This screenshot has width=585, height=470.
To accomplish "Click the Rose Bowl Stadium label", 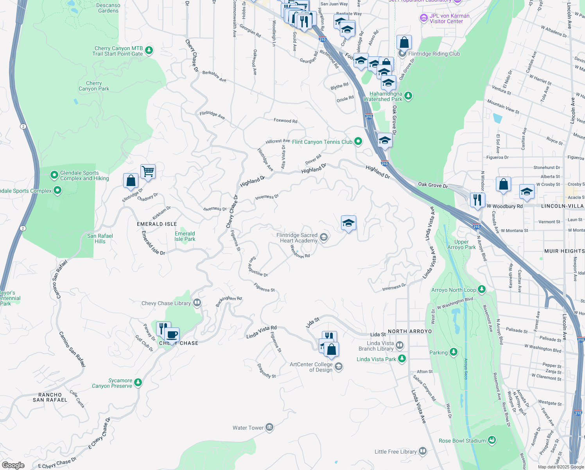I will coord(462,441).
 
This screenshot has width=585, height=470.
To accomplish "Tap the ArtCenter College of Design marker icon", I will coord(339,367).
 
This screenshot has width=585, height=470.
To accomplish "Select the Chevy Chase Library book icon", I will coord(197,303).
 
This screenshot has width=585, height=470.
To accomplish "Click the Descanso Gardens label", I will coord(108,8).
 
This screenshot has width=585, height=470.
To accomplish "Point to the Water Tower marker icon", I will coord(269,427).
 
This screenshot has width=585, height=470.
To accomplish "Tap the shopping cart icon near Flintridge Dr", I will coord(148,171).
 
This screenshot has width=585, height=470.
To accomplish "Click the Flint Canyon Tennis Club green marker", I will coord(358,142).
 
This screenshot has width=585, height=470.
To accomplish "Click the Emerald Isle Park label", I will coord(185,236).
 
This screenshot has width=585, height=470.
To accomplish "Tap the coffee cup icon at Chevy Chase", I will coord(172,335).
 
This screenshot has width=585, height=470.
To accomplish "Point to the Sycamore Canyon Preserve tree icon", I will coord(138,383).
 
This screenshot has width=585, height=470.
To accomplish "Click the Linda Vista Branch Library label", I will coord(376,346).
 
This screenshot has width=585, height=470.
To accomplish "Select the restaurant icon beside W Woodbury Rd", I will coord(477,200).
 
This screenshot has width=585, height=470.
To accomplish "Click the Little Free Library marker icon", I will coord(422,451).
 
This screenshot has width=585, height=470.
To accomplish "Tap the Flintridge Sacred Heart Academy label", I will coord(297,238).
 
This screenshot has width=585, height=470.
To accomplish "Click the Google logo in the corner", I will coord(13,465).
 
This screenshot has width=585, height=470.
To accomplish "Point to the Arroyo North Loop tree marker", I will coord(482,289).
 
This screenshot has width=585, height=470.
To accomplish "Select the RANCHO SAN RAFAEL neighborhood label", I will coord(50,397).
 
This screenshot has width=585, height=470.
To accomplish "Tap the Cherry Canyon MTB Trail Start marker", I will coord(149,50).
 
